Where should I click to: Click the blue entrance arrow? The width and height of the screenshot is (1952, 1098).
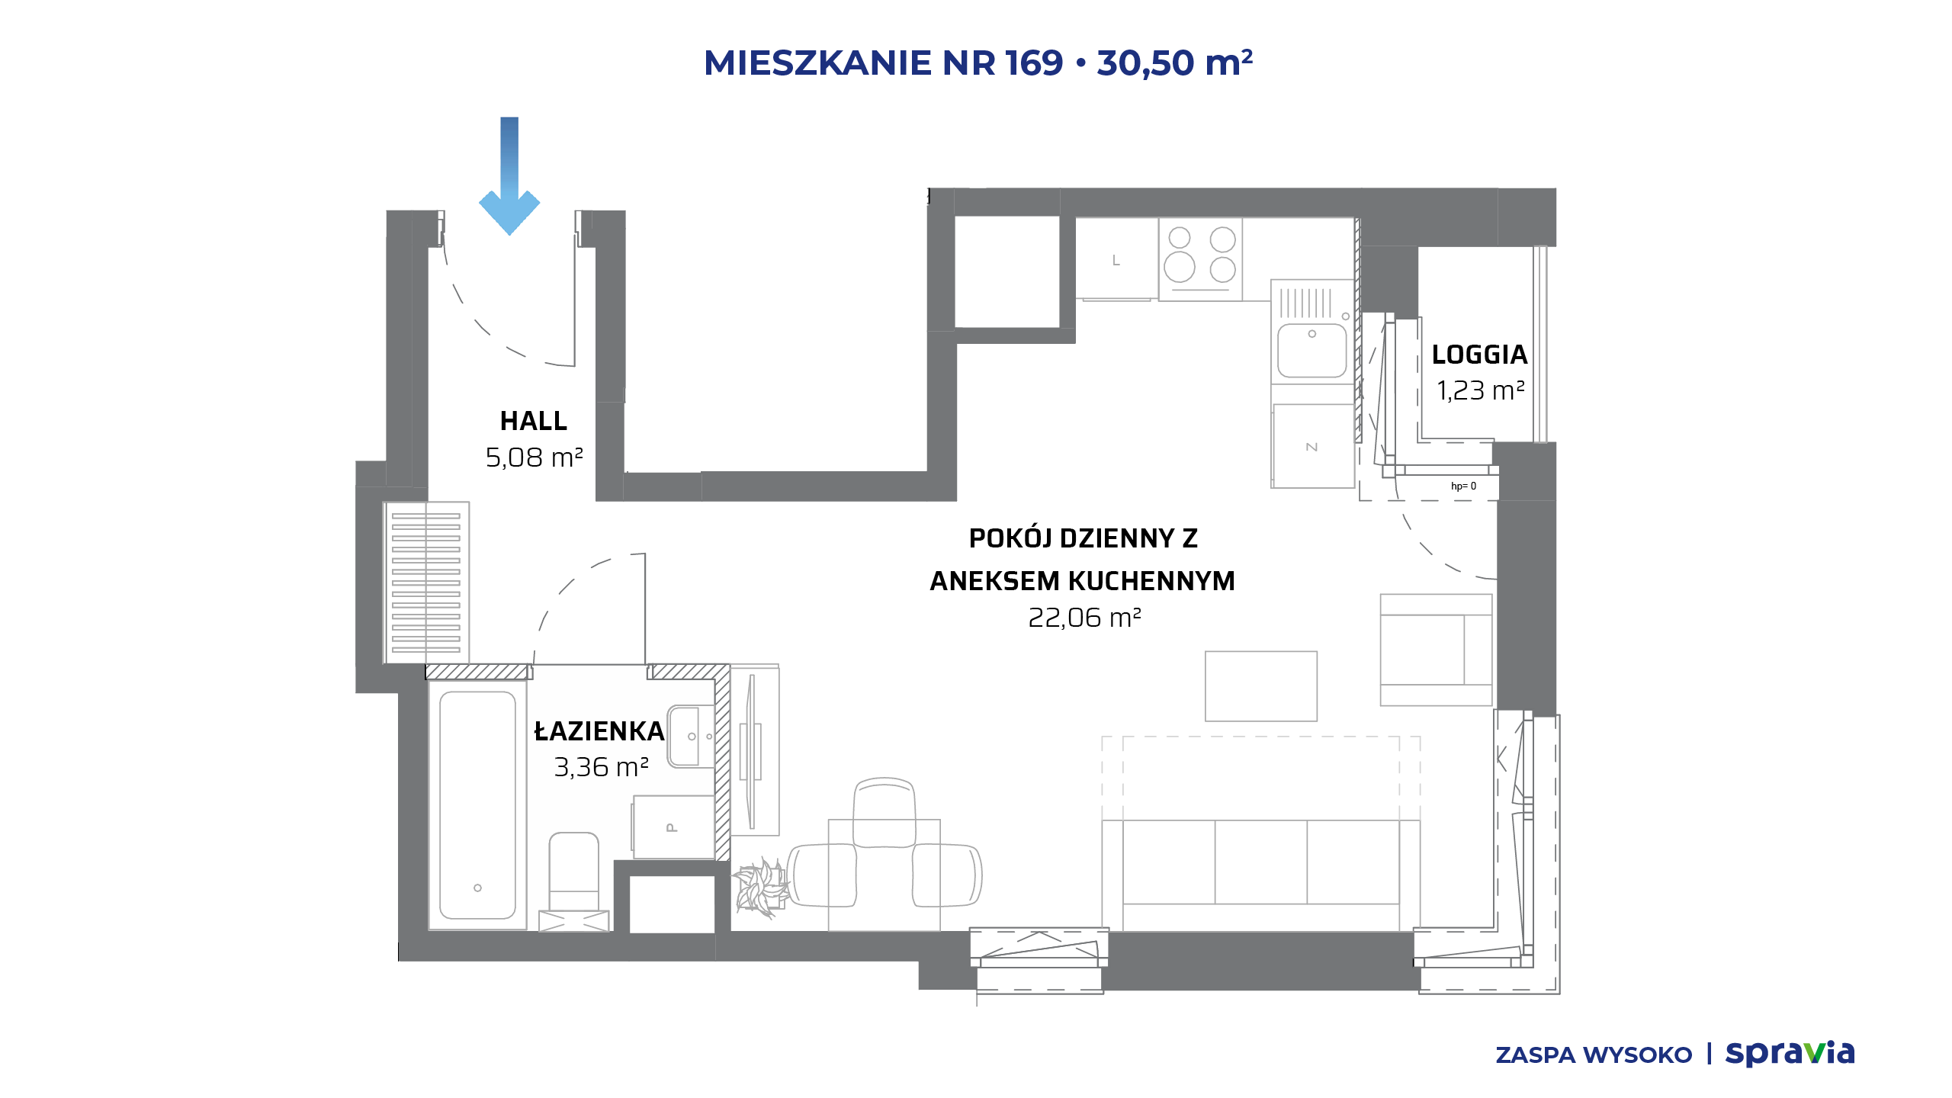click(509, 175)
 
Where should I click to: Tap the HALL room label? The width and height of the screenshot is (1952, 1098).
click(534, 421)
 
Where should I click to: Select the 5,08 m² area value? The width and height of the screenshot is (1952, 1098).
click(534, 457)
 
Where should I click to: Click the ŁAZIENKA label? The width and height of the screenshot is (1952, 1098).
click(599, 731)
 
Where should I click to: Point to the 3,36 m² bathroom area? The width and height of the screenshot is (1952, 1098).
click(601, 767)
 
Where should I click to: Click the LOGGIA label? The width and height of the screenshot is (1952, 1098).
click(1479, 355)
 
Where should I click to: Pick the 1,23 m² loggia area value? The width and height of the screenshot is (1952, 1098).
click(1480, 390)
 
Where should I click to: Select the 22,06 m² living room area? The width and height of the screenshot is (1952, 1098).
click(1084, 618)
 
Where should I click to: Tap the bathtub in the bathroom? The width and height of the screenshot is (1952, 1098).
click(477, 805)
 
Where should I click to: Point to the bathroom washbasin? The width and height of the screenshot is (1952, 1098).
click(691, 736)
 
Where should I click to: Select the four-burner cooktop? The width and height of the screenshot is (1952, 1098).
click(1200, 259)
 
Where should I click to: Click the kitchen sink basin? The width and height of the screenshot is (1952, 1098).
click(1311, 351)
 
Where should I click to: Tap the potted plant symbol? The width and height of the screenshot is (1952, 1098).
click(761, 888)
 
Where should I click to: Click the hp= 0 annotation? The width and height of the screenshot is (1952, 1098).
click(1463, 486)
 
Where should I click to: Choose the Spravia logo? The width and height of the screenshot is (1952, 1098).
click(1790, 1054)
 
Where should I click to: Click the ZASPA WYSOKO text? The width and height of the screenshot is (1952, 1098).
click(1594, 1055)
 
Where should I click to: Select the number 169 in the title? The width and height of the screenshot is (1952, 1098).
click(1034, 63)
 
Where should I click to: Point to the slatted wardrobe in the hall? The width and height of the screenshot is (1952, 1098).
click(426, 583)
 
